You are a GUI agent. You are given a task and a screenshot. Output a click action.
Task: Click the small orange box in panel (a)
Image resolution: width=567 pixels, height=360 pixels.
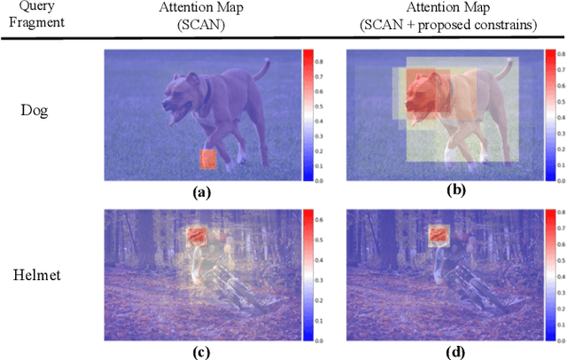point(208,159)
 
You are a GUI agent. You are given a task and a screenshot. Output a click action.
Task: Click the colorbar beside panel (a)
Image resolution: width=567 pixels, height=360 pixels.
point(307,114)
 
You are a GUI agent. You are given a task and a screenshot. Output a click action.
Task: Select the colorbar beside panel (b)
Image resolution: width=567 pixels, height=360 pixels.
point(550,114)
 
